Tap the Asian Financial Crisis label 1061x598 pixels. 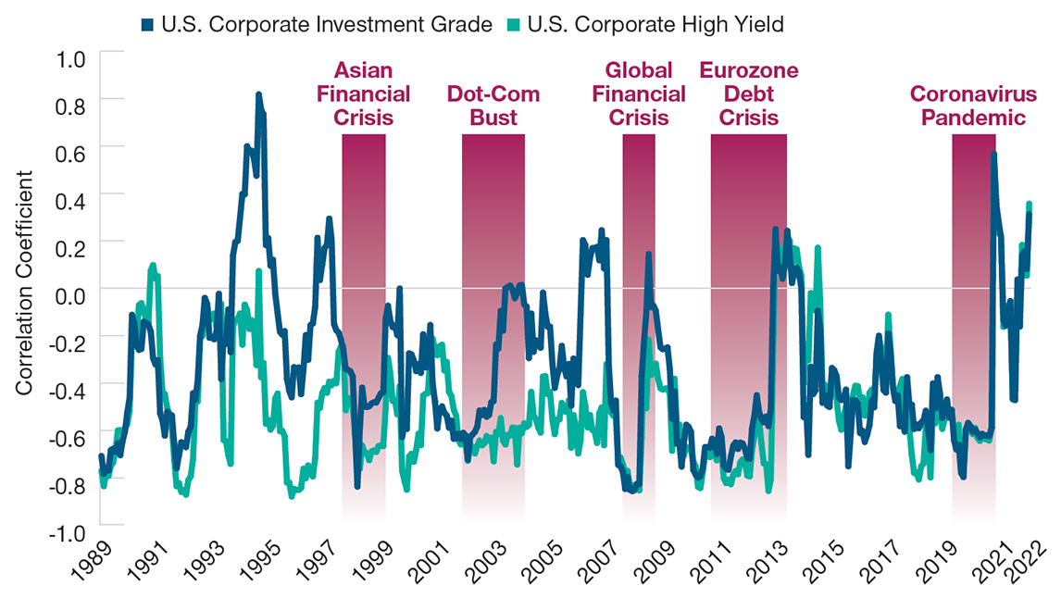pyautogui.click(x=364, y=93)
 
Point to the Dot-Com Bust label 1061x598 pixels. pyautogui.click(x=493, y=106)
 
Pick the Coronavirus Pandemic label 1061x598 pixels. pyautogui.click(x=967, y=106)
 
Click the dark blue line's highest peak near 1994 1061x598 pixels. pyautogui.click(x=258, y=93)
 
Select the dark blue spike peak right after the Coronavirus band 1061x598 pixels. pyautogui.click(x=993, y=154)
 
